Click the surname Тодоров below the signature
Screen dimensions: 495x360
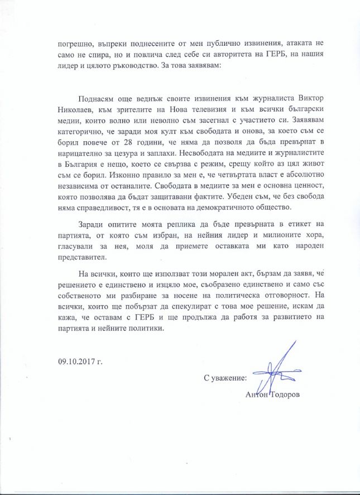point(286,395)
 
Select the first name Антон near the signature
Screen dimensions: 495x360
point(257,395)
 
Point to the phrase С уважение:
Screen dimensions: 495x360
point(225,378)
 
